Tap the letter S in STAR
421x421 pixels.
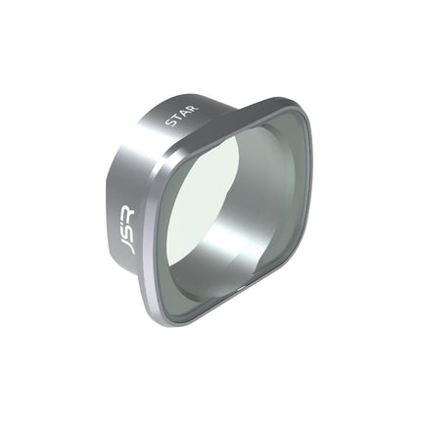[x=170, y=122]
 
